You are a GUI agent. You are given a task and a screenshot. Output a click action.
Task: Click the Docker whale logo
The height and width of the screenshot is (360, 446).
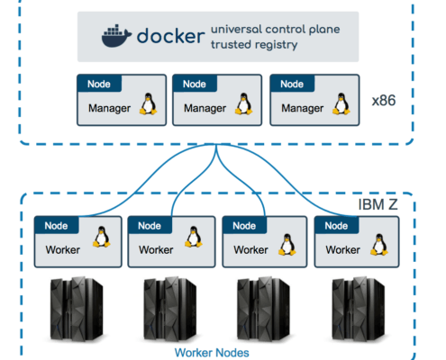116,36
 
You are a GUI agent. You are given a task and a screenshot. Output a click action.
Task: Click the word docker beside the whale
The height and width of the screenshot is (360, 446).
170,36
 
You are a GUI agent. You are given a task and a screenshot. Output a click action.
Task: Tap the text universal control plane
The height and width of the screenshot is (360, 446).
276,30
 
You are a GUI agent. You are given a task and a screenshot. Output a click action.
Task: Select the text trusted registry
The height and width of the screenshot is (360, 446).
254,45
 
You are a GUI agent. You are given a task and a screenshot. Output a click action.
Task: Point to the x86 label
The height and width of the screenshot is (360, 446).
384,101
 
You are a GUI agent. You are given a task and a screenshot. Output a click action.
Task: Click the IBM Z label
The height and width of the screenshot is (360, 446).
378,204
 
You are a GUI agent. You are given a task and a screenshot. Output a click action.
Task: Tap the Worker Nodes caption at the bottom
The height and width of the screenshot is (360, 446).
212,353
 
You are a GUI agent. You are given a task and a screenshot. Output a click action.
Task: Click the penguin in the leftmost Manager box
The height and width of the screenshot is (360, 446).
148,103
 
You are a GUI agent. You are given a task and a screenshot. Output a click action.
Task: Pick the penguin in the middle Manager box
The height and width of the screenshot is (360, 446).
243,103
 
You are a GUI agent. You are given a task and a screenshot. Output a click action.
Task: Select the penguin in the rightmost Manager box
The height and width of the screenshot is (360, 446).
341,103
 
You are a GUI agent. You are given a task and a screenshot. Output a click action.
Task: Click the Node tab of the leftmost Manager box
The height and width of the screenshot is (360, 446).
99,84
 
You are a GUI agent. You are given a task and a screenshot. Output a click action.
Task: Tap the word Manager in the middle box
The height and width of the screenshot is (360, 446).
205,108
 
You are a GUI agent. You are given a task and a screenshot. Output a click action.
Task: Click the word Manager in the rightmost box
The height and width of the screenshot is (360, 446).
303,108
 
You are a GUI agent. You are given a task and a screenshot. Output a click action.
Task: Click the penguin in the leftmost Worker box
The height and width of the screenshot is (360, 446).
102,237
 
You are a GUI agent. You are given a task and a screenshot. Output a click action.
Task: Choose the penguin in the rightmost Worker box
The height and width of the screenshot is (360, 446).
379,245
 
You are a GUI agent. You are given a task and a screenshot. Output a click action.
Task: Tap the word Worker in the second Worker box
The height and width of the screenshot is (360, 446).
156,250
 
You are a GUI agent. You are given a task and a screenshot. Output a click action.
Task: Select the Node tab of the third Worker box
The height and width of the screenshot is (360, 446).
244,225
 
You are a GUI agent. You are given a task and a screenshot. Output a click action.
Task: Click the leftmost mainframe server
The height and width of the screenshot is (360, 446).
77,310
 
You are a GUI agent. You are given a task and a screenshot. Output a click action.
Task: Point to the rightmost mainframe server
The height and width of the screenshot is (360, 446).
359,310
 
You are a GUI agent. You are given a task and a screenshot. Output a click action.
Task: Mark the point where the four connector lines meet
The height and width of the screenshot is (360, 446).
216,145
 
